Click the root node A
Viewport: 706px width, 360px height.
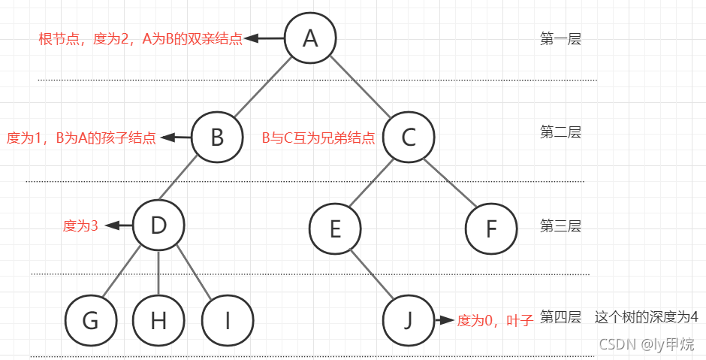(310, 38)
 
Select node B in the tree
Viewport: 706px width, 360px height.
(217, 138)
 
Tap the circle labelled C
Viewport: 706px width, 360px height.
(409, 138)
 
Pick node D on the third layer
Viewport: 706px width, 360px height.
(158, 225)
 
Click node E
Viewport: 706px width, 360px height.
(335, 228)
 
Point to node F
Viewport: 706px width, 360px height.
(491, 228)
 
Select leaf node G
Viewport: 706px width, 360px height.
(90, 320)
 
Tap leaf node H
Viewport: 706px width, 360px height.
(158, 320)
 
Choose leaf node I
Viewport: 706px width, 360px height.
(227, 320)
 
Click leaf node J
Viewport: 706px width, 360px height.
(409, 320)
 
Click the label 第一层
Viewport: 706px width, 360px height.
(560, 39)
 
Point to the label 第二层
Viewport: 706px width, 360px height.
(560, 132)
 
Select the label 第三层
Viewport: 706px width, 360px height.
(560, 225)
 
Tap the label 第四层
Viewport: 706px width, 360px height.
(560, 317)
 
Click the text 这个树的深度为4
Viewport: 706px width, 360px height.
(646, 317)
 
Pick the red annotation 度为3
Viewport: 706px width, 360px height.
(80, 225)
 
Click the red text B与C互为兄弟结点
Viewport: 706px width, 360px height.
(318, 138)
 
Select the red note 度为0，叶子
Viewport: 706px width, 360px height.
(495, 321)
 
